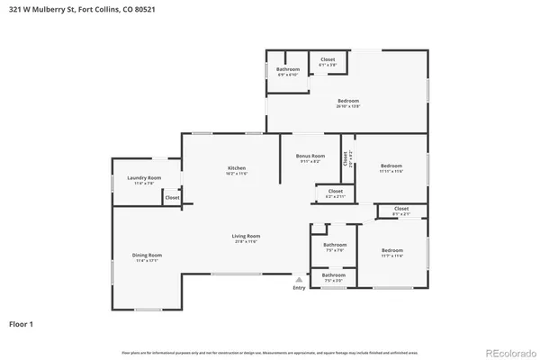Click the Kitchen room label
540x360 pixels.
[237, 168]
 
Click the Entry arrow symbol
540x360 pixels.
[299, 279]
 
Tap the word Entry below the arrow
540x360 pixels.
[299, 287]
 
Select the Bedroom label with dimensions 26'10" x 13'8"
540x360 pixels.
[348, 100]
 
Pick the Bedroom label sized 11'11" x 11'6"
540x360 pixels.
[391, 166]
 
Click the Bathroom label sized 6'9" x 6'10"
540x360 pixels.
[288, 69]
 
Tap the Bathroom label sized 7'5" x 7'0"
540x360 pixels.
[335, 245]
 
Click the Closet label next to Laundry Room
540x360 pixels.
[172, 197]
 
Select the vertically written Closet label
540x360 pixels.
[344, 157]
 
